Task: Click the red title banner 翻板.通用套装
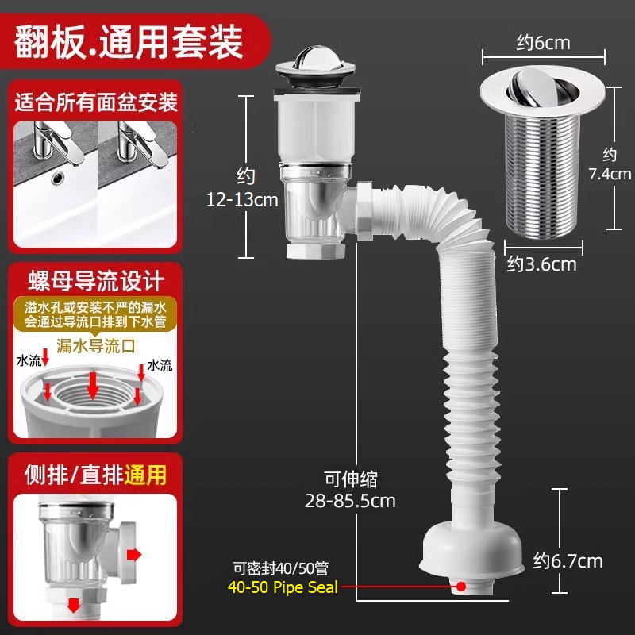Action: (133, 41)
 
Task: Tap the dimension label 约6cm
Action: (543, 43)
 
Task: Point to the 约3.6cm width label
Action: (542, 264)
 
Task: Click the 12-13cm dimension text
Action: (242, 200)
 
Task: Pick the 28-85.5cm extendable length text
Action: (350, 501)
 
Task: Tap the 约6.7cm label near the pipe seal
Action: (568, 561)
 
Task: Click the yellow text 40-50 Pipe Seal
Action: (283, 587)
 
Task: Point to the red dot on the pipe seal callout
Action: (461, 586)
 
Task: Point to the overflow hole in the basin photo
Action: (57, 176)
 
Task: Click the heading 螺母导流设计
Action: (96, 281)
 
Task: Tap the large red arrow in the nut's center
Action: (93, 385)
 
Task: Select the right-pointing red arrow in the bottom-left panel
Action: (134, 554)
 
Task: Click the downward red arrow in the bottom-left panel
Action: (73, 604)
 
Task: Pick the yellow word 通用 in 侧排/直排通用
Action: (145, 475)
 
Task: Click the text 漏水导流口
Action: (95, 346)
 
